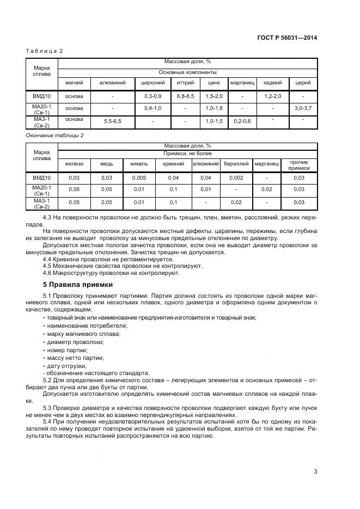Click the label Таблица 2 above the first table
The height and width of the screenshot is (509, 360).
tap(45, 51)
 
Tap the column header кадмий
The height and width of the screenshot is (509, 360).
tap(272, 83)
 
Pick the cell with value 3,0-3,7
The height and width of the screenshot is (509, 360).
tap(303, 108)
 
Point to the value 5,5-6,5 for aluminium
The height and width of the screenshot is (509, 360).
tap(113, 121)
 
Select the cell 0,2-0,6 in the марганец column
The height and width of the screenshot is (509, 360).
tap(242, 121)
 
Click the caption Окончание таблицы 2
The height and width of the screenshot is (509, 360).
tap(54, 134)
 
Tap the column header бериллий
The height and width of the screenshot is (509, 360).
tap(236, 163)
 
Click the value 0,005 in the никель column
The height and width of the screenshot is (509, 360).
tap(139, 177)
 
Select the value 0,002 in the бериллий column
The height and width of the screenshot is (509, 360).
tap(236, 177)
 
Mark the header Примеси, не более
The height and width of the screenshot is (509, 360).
tap(187, 155)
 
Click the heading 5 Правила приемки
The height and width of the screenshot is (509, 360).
tap(78, 284)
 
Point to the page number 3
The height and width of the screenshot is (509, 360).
tap(315, 471)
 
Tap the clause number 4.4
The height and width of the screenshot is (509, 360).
tap(47, 259)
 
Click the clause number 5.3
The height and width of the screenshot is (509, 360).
tap(47, 408)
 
